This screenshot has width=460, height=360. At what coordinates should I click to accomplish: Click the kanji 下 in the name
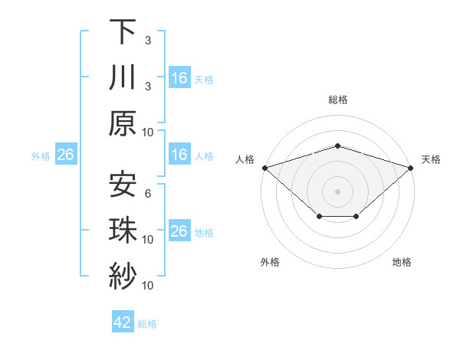[123, 32]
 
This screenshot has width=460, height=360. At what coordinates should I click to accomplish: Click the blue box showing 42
[123, 322]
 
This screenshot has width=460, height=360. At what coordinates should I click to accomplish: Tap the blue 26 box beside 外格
[65, 155]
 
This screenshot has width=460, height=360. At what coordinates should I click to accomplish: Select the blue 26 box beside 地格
[179, 232]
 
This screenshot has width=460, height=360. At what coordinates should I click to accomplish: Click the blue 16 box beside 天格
[179, 78]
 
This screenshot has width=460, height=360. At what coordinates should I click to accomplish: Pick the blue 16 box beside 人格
[179, 155]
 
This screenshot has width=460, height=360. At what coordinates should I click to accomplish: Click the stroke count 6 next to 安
[148, 193]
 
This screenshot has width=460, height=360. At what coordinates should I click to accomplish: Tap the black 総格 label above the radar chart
[338, 100]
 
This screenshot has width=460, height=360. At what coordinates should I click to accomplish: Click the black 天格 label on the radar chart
[431, 159]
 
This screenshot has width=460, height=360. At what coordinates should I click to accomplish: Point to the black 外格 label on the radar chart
[270, 262]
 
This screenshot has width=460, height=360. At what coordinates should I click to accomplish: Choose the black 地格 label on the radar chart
[402, 262]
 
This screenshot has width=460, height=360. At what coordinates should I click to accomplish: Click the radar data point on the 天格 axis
[412, 167]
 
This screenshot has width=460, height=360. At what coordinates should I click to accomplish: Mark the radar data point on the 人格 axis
[264, 167]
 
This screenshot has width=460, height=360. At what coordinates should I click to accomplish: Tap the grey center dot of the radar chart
[338, 191]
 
